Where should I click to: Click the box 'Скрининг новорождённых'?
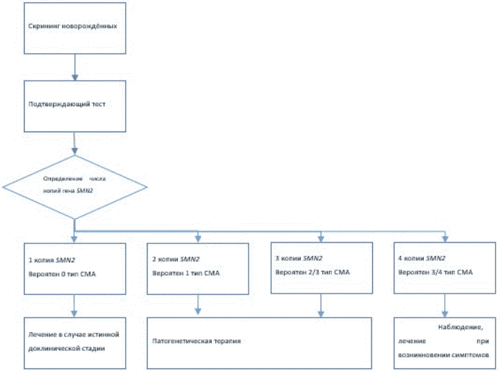click(x=75, y=28)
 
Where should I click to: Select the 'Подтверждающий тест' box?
click(x=75, y=106)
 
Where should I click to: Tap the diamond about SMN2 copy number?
click(x=75, y=187)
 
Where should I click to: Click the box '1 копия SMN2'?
click(x=75, y=269)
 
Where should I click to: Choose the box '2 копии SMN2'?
click(x=198, y=269)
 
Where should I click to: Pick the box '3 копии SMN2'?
click(x=322, y=268)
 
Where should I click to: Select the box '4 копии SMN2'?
click(x=445, y=268)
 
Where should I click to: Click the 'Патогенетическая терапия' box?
click(x=259, y=343)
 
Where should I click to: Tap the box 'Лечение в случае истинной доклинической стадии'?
click(x=75, y=343)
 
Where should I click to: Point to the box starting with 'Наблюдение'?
click(x=445, y=343)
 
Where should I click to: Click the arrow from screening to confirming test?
click(x=75, y=68)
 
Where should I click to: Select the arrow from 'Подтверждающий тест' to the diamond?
click(x=75, y=143)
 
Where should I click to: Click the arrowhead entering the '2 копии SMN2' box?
click(x=198, y=239)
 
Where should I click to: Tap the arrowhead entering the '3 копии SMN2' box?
click(x=321, y=238)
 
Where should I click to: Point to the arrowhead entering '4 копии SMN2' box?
click(x=445, y=238)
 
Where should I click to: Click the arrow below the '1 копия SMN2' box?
click(x=74, y=306)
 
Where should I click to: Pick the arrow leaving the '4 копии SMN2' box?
click(x=445, y=305)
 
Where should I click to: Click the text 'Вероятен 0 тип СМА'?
click(x=62, y=274)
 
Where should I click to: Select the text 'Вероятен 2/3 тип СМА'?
click(x=312, y=272)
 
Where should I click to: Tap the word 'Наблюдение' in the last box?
click(x=461, y=328)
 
